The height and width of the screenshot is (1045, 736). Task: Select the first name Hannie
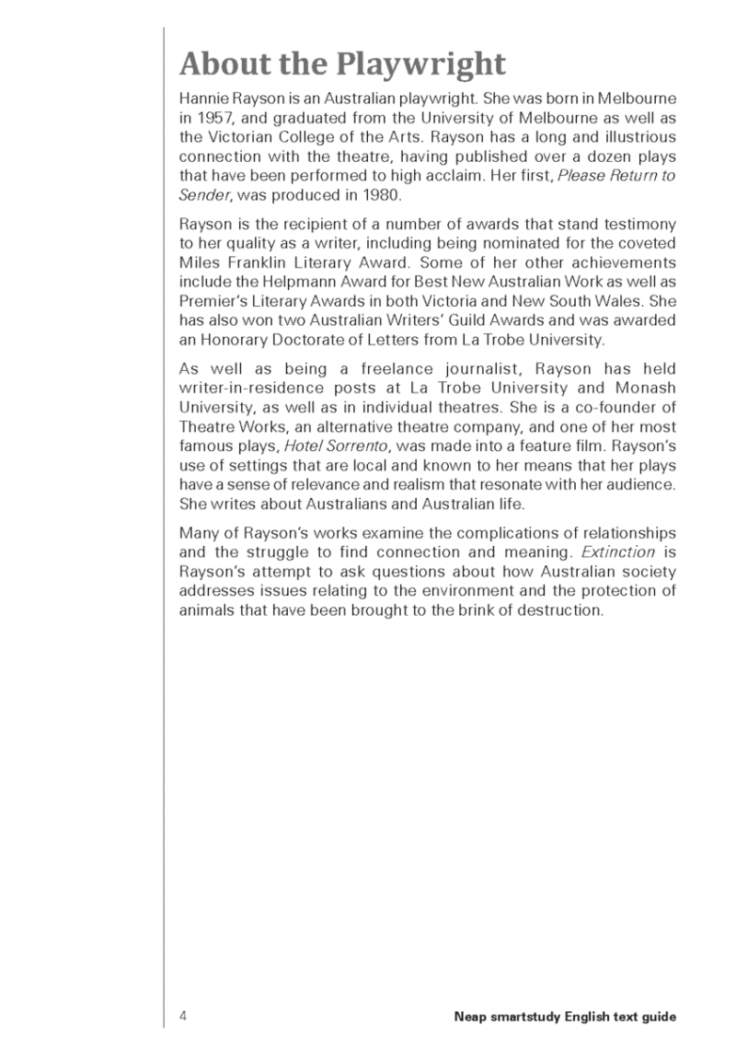(x=203, y=99)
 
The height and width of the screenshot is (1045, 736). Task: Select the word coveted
(x=648, y=242)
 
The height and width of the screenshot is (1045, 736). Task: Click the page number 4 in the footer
(x=184, y=1016)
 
